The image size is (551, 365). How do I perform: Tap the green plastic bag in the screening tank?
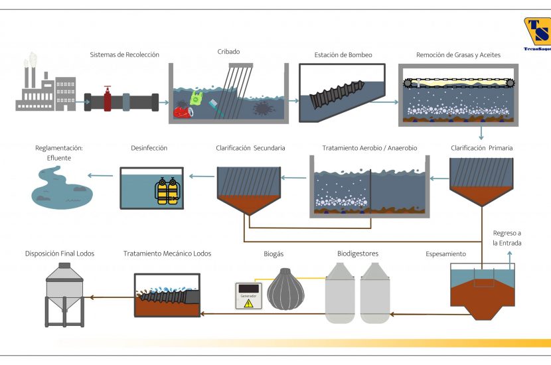point(196,98)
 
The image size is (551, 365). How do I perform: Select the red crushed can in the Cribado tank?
point(183,112)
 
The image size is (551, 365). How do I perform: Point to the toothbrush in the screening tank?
point(216,108)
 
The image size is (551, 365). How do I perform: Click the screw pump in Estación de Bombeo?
point(337,94)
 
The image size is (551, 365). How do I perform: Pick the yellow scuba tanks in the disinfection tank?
point(167,191)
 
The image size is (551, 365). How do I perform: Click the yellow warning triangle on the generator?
point(248,303)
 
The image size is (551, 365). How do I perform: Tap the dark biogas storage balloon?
point(285,289)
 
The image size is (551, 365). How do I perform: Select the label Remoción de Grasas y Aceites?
point(458,55)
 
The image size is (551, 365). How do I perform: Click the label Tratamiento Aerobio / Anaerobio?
point(370,148)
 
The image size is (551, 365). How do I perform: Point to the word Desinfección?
point(149,148)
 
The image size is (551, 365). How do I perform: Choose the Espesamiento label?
point(445,254)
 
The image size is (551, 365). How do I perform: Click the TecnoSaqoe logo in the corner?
point(537,34)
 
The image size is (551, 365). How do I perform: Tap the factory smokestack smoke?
point(31,60)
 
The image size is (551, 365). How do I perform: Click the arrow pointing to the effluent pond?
point(100,176)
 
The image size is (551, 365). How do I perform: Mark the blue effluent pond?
point(62,188)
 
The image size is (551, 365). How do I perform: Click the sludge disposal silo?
point(64,295)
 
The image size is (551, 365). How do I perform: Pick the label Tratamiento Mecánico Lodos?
point(167,254)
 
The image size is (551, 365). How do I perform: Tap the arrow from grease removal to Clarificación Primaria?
point(481,133)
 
